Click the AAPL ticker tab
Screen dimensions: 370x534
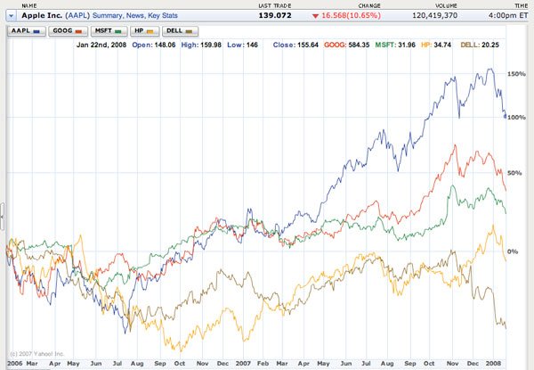point(23,30)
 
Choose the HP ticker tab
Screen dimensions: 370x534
point(143,30)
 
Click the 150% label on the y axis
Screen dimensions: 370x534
point(515,74)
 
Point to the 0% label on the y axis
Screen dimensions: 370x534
point(513,252)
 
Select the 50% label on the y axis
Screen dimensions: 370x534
point(514,172)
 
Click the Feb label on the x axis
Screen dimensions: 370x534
point(263,364)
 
